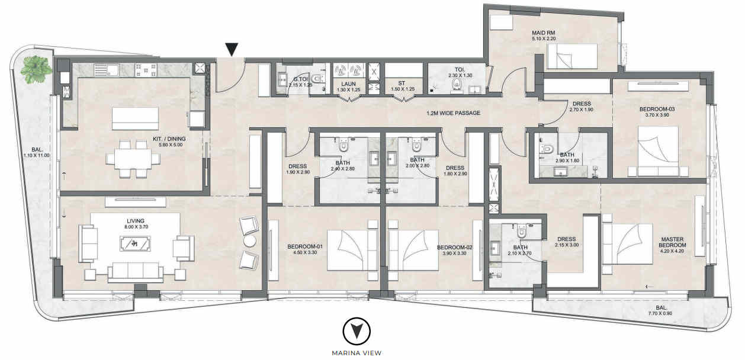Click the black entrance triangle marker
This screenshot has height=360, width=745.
point(232,50)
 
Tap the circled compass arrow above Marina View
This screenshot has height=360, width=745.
point(357,332)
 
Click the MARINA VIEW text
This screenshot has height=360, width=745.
point(357,353)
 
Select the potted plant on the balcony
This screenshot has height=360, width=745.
point(36,69)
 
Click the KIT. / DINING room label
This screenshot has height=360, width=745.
point(169,139)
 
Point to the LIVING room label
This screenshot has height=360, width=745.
point(136,221)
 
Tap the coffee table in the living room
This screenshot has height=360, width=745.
point(135,243)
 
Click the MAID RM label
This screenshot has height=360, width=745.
point(543,33)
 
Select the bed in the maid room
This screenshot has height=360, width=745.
point(573,56)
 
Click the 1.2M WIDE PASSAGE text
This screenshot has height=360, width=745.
point(454,113)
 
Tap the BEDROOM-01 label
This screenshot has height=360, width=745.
point(305,247)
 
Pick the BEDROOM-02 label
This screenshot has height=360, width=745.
point(455,247)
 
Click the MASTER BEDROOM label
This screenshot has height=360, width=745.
point(672,242)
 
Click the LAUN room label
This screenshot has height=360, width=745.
point(348,84)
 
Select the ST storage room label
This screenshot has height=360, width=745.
point(402,83)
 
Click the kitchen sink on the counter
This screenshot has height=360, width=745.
point(106,70)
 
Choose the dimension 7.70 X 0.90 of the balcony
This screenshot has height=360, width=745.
point(661,313)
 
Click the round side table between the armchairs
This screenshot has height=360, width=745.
point(250,241)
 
